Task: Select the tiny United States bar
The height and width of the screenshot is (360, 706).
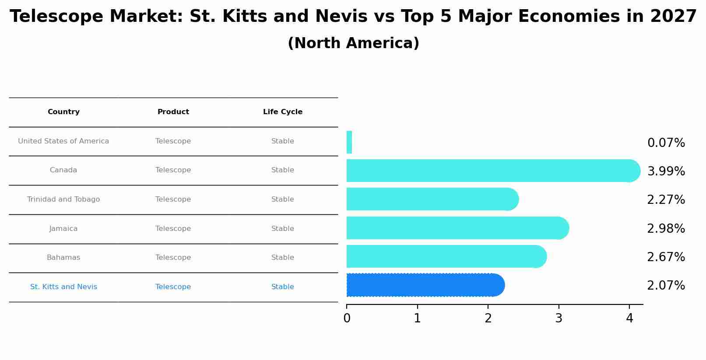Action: click(349, 142)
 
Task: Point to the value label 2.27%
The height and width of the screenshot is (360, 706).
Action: click(666, 200)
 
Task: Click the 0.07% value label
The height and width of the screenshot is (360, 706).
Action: click(666, 143)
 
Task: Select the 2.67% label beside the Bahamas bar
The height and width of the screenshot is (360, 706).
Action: click(666, 257)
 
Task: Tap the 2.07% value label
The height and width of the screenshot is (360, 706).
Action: click(666, 286)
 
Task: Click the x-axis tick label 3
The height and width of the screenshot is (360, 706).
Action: click(558, 318)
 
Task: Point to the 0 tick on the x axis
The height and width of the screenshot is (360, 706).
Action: click(347, 318)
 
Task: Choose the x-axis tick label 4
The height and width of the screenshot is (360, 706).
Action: click(629, 318)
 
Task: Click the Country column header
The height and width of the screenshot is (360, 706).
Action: click(63, 112)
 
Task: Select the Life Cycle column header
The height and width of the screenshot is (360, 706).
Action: click(283, 112)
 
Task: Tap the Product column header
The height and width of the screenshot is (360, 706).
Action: click(173, 112)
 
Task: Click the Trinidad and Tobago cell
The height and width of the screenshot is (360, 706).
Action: click(63, 199)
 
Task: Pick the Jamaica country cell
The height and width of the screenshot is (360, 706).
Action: click(63, 229)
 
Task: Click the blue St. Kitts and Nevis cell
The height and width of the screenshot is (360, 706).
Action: click(63, 287)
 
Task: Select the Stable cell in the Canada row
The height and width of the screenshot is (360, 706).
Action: click(283, 170)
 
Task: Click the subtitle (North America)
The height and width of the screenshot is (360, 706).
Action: click(353, 43)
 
